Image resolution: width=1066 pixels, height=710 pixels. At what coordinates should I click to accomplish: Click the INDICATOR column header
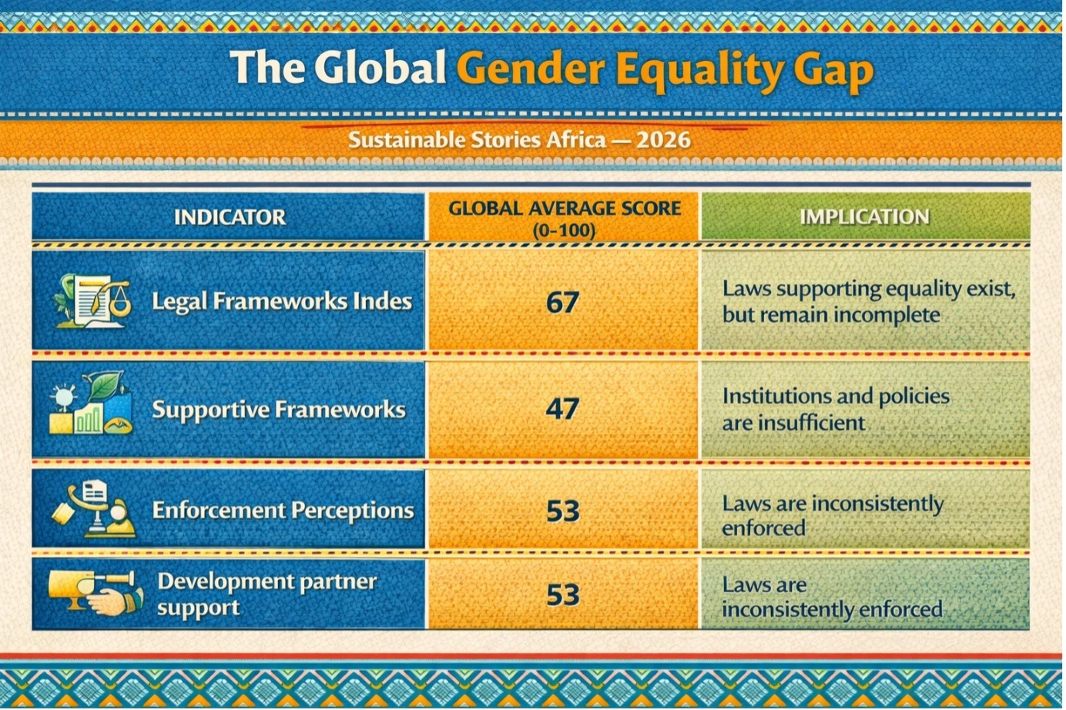click(x=230, y=217)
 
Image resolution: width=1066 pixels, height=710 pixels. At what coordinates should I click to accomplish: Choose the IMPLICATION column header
click(x=863, y=217)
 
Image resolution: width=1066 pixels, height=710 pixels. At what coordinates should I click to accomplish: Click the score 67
click(x=562, y=302)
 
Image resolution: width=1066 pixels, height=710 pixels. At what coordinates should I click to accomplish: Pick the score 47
click(x=562, y=408)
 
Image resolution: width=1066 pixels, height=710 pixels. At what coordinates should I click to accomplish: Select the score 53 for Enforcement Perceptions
click(x=562, y=511)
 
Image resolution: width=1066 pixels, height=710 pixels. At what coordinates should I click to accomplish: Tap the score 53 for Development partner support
click(x=562, y=594)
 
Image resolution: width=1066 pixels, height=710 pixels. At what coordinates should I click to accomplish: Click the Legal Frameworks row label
click(x=281, y=300)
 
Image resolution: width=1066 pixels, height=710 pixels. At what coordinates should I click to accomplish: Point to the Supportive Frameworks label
click(x=278, y=409)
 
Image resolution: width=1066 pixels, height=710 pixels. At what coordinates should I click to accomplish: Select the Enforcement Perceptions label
click(x=283, y=510)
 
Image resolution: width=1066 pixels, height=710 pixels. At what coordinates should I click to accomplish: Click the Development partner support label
click(x=266, y=594)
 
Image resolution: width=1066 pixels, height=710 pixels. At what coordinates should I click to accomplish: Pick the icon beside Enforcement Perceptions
click(x=94, y=509)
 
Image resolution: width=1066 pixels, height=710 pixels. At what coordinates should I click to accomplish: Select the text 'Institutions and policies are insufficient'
click(x=835, y=409)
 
